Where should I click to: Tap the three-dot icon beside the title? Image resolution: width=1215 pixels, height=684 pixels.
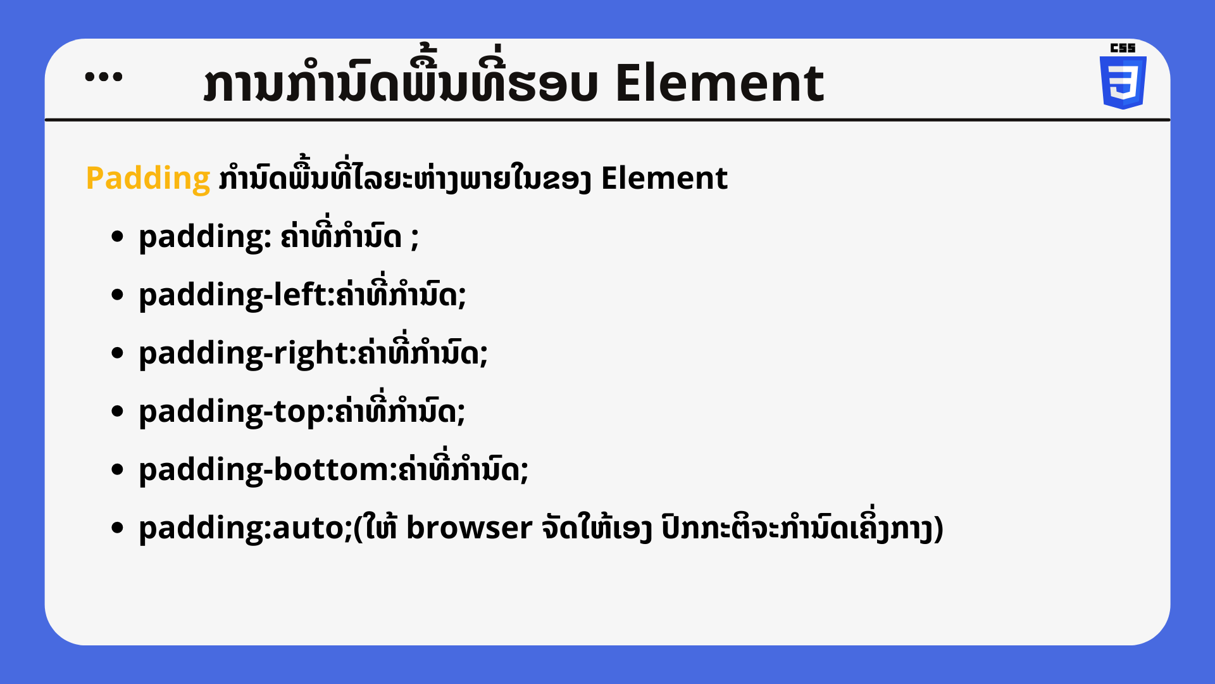coord(104,77)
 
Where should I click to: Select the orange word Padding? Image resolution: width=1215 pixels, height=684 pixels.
coord(148,179)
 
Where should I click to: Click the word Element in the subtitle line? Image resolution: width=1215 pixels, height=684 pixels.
coord(664,178)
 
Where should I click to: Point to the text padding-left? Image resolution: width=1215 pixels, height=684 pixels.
coord(232,295)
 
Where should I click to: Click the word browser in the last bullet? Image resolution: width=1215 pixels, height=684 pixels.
coord(469,528)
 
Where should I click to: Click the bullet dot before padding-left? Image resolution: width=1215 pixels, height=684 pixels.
coord(117,295)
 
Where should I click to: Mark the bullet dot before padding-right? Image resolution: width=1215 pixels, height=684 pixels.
coord(117,353)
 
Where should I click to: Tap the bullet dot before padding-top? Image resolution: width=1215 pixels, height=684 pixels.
coord(117,412)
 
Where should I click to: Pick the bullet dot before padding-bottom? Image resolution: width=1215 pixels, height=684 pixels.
coord(117,470)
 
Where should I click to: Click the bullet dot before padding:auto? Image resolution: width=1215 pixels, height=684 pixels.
coord(117,528)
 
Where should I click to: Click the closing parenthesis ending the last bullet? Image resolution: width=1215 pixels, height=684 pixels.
coord(938,529)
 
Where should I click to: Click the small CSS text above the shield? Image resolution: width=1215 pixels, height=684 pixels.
coord(1123,47)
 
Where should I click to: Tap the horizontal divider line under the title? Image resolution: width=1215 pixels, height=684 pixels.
coord(607,119)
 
